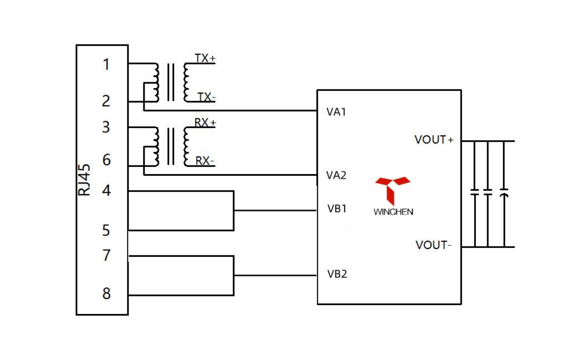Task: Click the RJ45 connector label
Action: (84, 180)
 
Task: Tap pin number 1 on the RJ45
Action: (106, 64)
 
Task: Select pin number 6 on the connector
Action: (106, 160)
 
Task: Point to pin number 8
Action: (106, 293)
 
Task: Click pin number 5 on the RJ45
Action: (106, 230)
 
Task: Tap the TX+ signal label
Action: (205, 58)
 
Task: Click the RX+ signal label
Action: (205, 123)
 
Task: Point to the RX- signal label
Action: (205, 161)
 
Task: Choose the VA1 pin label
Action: (336, 112)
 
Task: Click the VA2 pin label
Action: (336, 175)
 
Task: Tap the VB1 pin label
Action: (337, 209)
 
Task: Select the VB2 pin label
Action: (337, 274)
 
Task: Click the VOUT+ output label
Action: (434, 140)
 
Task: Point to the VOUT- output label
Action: (433, 245)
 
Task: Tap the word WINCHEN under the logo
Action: (393, 212)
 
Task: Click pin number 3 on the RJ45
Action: (106, 127)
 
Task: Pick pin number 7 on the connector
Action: (106, 256)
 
